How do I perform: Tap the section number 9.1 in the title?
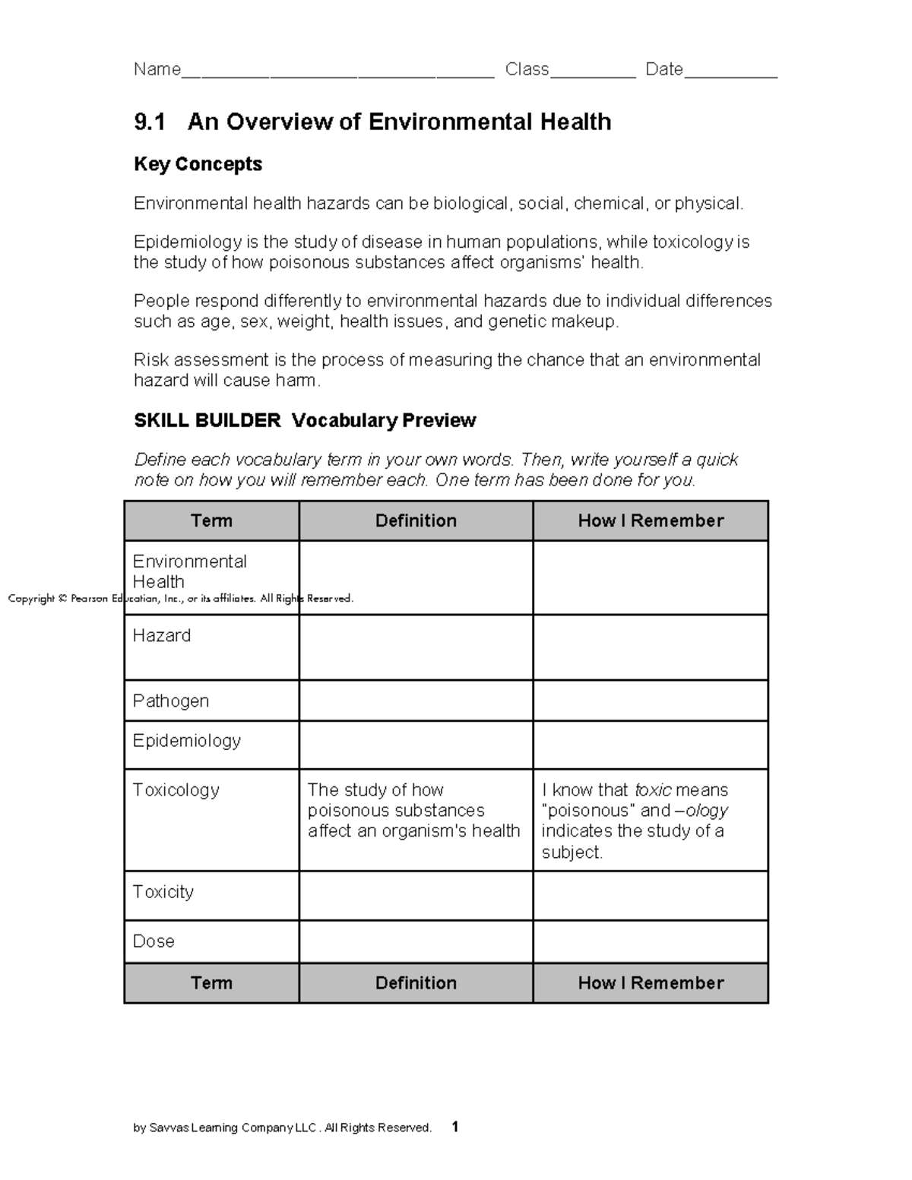pyautogui.click(x=150, y=122)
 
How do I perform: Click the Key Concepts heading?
pyautogui.click(x=198, y=164)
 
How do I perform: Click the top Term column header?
pyautogui.click(x=211, y=520)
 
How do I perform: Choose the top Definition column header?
pyautogui.click(x=416, y=520)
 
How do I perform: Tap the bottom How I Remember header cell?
pyautogui.click(x=651, y=983)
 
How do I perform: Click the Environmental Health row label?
pyautogui.click(x=189, y=571)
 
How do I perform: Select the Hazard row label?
pyautogui.click(x=162, y=636)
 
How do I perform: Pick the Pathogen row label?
pyautogui.click(x=171, y=701)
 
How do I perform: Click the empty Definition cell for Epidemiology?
pyautogui.click(x=416, y=745)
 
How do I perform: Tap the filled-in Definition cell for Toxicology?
pyautogui.click(x=413, y=811)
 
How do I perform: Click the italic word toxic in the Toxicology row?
pyautogui.click(x=653, y=790)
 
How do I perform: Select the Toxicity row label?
pyautogui.click(x=163, y=891)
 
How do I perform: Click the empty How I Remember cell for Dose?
pyautogui.click(x=651, y=941)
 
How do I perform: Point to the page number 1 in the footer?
pyautogui.click(x=454, y=1127)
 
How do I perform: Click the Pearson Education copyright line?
pyautogui.click(x=180, y=599)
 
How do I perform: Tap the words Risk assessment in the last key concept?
pyautogui.click(x=190, y=360)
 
